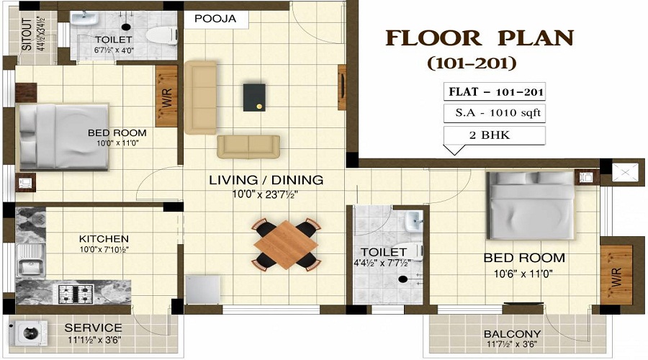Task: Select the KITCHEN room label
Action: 104,239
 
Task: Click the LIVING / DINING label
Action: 266,180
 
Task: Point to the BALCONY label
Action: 512,334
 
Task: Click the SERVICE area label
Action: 94,327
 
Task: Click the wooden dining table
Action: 287,244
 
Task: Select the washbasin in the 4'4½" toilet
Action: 412,221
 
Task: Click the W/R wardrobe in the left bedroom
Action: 166,96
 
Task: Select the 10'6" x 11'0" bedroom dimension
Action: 523,274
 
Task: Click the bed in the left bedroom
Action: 63,136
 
